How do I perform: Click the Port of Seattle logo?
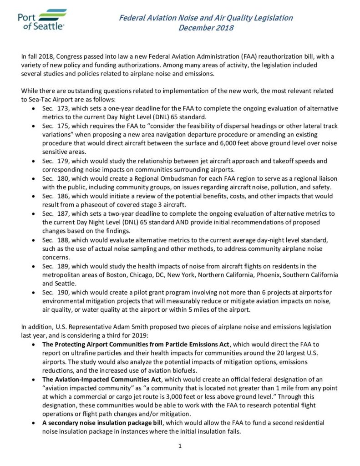click(42, 20)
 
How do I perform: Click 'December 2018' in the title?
click(206, 28)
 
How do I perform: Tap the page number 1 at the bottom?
click(180, 446)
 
